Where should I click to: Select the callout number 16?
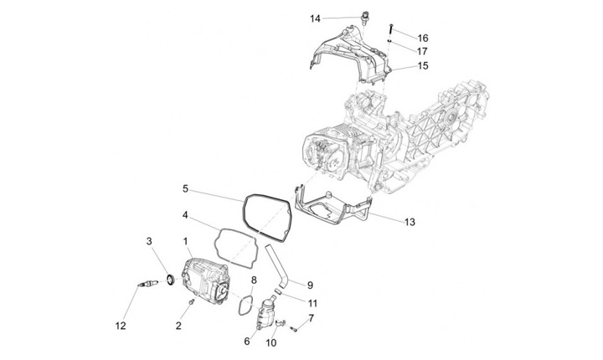click(423, 38)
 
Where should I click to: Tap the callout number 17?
click(423, 50)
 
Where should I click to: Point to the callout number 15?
click(423, 65)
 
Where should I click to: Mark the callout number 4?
click(185, 214)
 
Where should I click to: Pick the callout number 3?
click(150, 242)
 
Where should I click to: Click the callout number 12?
click(121, 326)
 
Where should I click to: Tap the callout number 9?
click(309, 285)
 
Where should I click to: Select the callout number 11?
click(312, 303)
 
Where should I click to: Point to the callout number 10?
click(271, 342)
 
